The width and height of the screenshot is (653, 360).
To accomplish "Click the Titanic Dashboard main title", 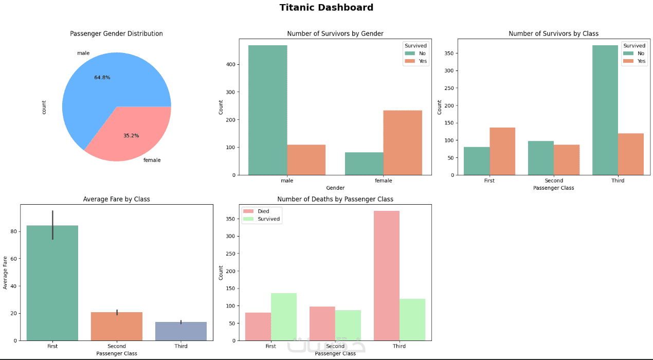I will (326, 8).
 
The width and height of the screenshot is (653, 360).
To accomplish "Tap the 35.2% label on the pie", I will (131, 136).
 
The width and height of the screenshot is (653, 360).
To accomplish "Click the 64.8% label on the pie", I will (102, 78).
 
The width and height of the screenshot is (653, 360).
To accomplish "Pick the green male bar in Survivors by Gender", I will (267, 110).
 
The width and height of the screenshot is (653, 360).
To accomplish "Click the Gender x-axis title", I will (335, 188).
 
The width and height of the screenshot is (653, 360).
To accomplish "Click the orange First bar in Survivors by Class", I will (502, 151).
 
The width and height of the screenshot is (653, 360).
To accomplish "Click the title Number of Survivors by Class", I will (553, 34).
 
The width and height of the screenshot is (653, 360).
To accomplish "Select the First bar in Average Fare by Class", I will (52, 283).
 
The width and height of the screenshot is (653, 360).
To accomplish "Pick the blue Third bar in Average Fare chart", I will (181, 331).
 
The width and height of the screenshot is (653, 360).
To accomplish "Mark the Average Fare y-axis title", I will (6, 272).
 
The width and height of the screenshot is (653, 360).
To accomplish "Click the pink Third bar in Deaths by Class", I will (387, 276).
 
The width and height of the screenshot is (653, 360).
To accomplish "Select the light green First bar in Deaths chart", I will (284, 317).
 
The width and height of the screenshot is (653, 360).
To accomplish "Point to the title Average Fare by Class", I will (117, 199).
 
